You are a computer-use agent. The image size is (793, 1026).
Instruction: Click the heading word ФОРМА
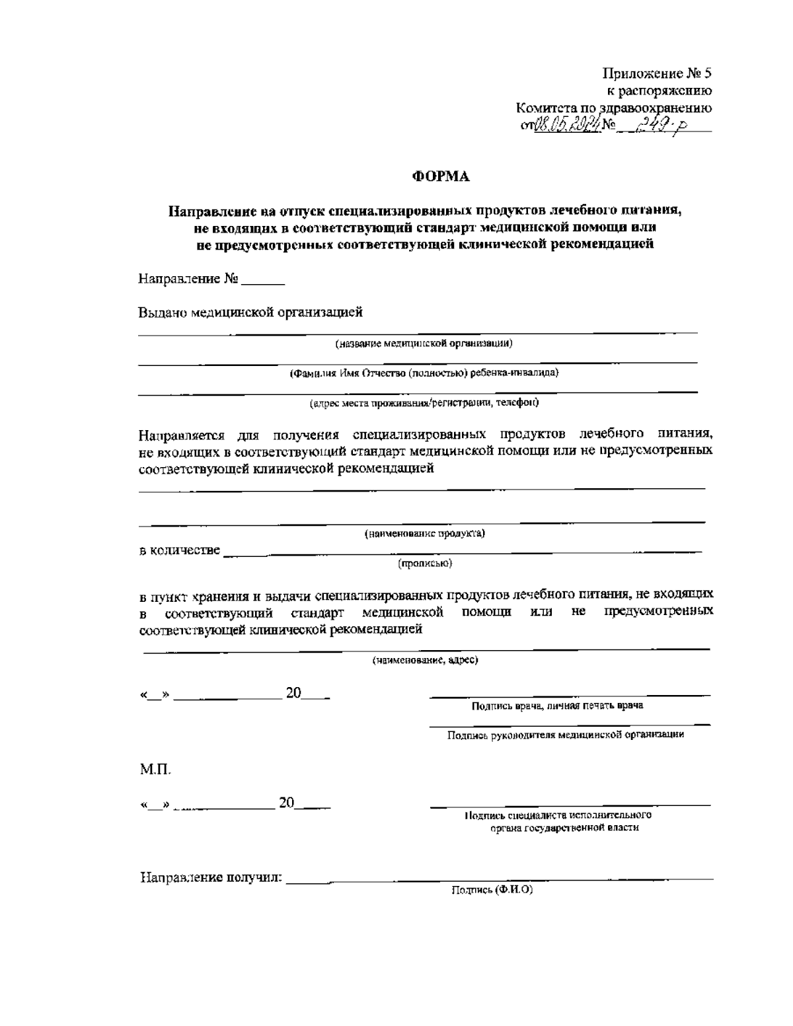pyautogui.click(x=441, y=176)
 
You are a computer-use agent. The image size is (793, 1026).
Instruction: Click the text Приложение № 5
pyautogui.click(x=658, y=73)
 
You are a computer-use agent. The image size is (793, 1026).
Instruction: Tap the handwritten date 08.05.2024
pyautogui.click(x=566, y=124)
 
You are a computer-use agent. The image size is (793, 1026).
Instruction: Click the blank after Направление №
pyautogui.click(x=263, y=280)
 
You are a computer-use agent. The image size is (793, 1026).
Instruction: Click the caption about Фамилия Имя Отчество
pyautogui.click(x=425, y=373)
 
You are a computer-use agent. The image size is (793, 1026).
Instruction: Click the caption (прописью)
pyautogui.click(x=424, y=564)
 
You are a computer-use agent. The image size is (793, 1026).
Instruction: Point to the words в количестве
pyautogui.click(x=180, y=550)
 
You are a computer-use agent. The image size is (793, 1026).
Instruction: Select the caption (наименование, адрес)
pyautogui.click(x=425, y=659)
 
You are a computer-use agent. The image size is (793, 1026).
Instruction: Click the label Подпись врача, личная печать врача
pyautogui.click(x=557, y=706)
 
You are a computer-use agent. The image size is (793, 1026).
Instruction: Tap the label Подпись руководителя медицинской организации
pyautogui.click(x=565, y=734)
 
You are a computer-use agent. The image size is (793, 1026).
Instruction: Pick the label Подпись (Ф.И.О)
pyautogui.click(x=492, y=889)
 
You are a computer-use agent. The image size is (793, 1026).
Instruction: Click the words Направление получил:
pyautogui.click(x=211, y=878)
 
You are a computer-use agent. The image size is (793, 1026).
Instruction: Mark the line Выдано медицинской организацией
pyautogui.click(x=250, y=312)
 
